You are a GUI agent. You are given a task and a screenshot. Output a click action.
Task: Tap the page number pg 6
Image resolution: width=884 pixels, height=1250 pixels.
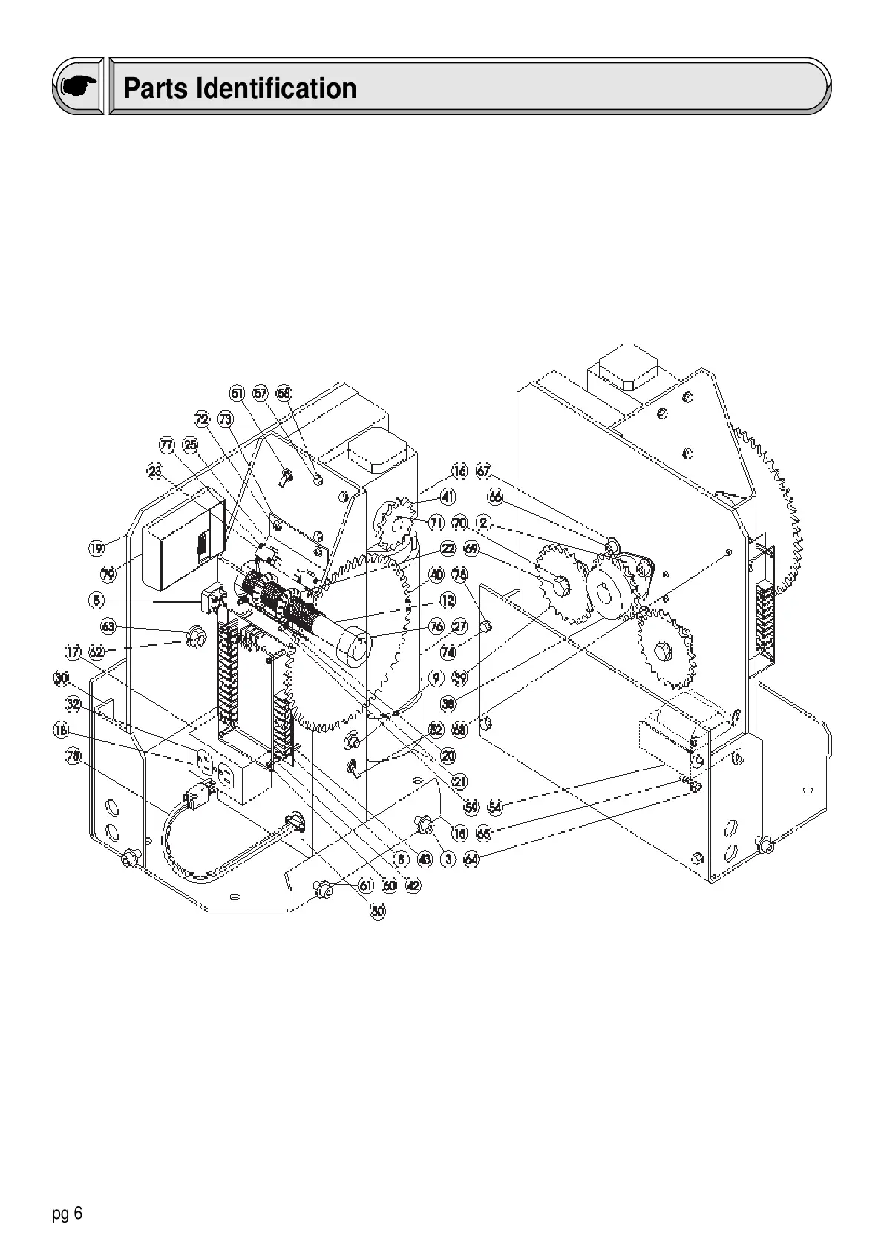(x=68, y=1214)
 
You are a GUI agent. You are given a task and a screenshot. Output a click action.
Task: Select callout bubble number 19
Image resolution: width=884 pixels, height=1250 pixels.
(x=96, y=549)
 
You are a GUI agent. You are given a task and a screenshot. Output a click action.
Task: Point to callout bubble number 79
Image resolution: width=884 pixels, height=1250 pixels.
(x=108, y=574)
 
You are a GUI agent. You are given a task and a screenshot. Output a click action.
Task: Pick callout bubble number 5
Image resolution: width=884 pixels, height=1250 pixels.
(x=97, y=600)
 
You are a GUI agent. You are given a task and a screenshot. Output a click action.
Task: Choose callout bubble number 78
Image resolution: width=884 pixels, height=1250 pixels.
(x=73, y=756)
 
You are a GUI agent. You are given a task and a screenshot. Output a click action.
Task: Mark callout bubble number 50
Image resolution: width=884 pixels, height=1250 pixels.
(x=379, y=912)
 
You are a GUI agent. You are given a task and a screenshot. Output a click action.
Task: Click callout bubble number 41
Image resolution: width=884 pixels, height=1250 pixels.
(x=448, y=497)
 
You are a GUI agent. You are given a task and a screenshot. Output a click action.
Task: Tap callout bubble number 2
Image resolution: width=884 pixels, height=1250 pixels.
(x=483, y=523)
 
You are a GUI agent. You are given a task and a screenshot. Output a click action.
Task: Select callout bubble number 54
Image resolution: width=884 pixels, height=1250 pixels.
(x=495, y=806)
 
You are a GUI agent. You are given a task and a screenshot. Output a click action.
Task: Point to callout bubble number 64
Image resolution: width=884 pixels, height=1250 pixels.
(x=472, y=860)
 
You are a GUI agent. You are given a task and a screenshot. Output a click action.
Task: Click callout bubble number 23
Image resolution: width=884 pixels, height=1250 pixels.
(x=155, y=471)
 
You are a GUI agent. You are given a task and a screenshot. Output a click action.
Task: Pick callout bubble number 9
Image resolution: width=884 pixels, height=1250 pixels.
(x=436, y=678)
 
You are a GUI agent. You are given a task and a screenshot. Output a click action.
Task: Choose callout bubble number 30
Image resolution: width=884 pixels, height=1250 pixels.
(x=61, y=678)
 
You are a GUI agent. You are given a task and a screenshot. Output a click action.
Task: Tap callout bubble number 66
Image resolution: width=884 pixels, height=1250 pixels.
(x=495, y=497)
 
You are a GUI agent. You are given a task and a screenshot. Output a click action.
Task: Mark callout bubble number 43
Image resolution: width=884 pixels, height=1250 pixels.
(x=425, y=860)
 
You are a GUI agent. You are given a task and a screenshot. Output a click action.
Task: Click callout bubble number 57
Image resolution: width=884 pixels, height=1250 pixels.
(x=261, y=393)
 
